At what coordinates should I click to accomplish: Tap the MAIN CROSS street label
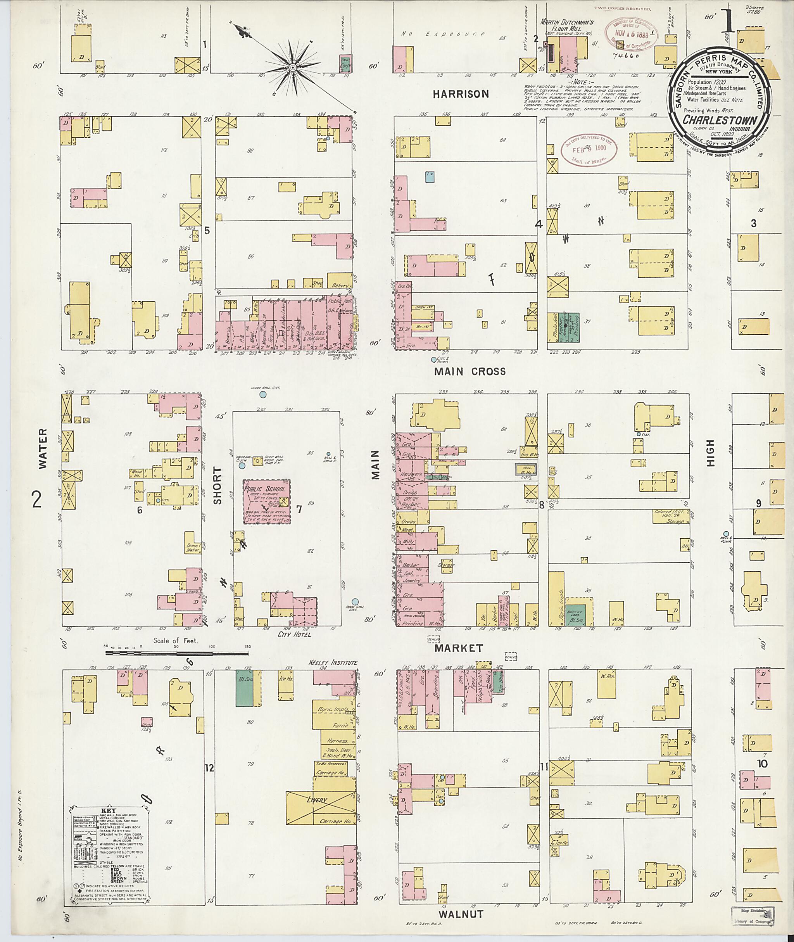[470, 372]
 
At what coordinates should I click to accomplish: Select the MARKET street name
[459, 648]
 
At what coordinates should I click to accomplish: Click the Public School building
[266, 501]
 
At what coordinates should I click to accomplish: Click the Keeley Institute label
[333, 663]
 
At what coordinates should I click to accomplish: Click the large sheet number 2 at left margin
[37, 499]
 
